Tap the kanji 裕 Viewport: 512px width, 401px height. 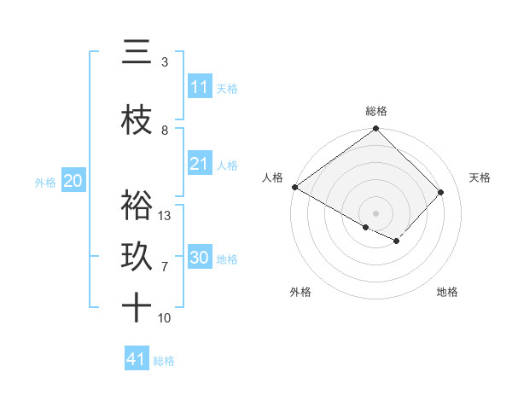pos(137,206)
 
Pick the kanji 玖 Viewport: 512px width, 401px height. pos(137,257)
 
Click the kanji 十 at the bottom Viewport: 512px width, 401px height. pos(137,308)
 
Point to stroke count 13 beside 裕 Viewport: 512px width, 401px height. pos(166,216)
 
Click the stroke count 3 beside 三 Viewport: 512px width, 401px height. pos(165,62)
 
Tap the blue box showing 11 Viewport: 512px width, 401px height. pos(199,87)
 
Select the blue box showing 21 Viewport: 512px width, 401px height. pos(199,164)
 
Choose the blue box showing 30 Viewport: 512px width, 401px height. pos(200,258)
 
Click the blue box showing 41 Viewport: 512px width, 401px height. pos(137,359)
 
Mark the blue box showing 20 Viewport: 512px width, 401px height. pos(73,181)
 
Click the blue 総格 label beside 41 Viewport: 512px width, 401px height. pos(164,361)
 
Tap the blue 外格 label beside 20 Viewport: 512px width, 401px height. pos(45,182)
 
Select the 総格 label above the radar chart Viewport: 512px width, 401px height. pos(376,111)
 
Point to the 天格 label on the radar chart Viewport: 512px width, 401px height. pos(480,177)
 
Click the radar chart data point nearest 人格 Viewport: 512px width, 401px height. pos(294,187)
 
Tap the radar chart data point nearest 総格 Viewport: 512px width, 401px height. pos(376,129)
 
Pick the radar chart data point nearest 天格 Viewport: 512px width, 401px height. pos(441,192)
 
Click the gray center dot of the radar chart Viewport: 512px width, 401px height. pos(376,212)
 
